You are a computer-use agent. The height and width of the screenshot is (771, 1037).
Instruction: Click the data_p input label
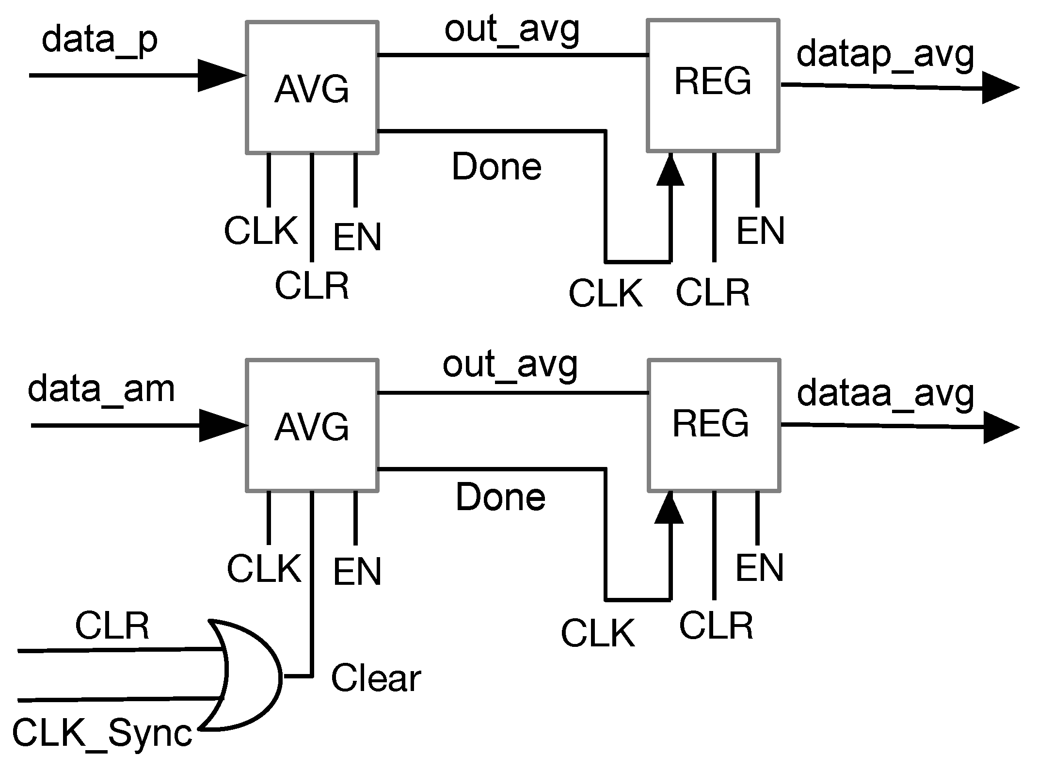click(x=99, y=41)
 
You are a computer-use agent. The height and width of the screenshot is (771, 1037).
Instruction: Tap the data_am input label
click(x=101, y=389)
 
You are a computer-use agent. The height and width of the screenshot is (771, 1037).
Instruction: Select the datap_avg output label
click(x=885, y=55)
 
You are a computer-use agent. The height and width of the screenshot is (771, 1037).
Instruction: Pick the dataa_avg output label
click(x=885, y=394)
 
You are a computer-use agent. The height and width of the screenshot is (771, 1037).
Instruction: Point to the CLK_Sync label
click(x=102, y=734)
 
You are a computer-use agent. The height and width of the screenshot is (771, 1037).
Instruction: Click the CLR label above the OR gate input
click(x=112, y=626)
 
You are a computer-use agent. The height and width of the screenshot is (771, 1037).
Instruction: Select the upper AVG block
click(x=312, y=88)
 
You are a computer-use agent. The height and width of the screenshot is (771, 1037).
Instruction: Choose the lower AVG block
click(x=312, y=425)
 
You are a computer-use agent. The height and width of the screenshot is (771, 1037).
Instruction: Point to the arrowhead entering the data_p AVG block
click(x=221, y=76)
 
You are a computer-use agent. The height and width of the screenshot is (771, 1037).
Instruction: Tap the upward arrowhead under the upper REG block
click(x=670, y=171)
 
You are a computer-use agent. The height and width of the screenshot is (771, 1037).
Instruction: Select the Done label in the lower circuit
click(x=500, y=498)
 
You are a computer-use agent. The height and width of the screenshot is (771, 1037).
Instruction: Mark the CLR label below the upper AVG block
click(x=312, y=286)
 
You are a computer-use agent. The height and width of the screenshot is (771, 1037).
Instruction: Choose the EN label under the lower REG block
click(x=759, y=568)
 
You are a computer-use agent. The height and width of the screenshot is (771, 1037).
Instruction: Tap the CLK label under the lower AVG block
click(x=264, y=568)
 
